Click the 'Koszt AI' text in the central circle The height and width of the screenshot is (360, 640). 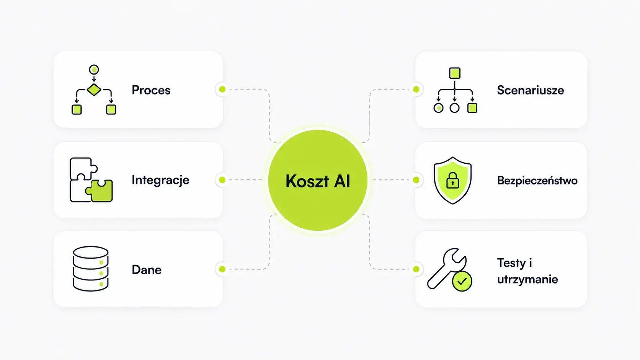tap(318, 181)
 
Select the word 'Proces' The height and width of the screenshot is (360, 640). tap(151, 90)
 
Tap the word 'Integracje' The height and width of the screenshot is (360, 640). tap(160, 180)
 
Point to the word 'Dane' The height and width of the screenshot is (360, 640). tap(147, 270)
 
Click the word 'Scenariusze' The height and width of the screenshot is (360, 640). tap(531, 90)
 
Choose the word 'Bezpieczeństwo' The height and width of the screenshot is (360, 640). tap(537, 181)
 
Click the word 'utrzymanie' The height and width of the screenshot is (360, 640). tap(527, 279)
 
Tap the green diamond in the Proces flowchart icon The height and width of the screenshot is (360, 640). tap(94, 90)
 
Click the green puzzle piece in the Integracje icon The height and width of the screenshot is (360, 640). tap(100, 191)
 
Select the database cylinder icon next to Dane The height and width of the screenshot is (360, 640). tap(91, 269)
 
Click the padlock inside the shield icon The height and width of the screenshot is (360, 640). tap(452, 181)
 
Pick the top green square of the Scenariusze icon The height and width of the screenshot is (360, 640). tap(455, 73)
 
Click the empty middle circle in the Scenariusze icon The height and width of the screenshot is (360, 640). tap(455, 108)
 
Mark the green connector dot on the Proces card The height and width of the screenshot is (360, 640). tap(222, 90)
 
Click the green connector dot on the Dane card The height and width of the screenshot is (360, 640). tap(222, 269)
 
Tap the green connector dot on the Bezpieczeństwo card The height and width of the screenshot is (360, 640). tap(416, 180)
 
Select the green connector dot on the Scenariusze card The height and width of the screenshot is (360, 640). tap(416, 90)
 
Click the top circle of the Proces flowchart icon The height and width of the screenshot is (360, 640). tap(94, 69)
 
